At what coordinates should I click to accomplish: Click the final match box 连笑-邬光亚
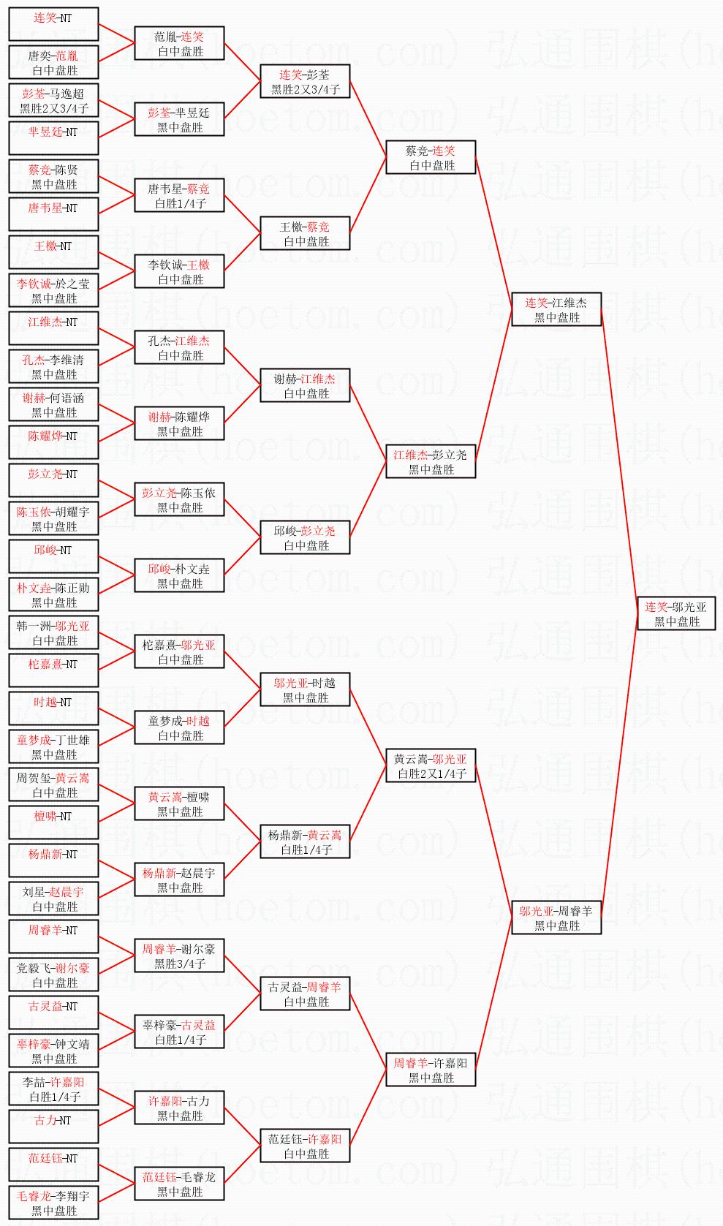pyautogui.click(x=675, y=614)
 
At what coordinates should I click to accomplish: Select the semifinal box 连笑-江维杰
pyautogui.click(x=556, y=310)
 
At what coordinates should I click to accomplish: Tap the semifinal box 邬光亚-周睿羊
pyautogui.click(x=556, y=918)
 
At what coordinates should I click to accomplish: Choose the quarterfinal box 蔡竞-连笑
pyautogui.click(x=431, y=158)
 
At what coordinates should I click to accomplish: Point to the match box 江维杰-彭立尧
pyautogui.click(x=431, y=462)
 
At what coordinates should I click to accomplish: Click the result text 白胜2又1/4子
pyautogui.click(x=431, y=774)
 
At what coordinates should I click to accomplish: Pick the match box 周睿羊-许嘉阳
pyautogui.click(x=431, y=1070)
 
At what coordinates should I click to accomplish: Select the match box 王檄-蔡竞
pyautogui.click(x=305, y=234)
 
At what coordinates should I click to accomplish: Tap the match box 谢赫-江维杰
pyautogui.click(x=305, y=386)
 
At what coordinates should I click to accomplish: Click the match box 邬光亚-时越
pyautogui.click(x=305, y=690)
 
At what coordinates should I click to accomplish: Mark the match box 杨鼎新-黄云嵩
pyautogui.click(x=305, y=842)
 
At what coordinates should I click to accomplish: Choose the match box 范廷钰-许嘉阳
pyautogui.click(x=305, y=1146)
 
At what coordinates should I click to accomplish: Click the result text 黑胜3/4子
pyautogui.click(x=180, y=964)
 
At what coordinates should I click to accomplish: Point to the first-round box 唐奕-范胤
pyautogui.click(x=53, y=63)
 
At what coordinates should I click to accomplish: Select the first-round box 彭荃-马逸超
pyautogui.click(x=53, y=101)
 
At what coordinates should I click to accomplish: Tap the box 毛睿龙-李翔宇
pyautogui.click(x=53, y=1203)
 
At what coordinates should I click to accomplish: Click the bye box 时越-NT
pyautogui.click(x=53, y=709)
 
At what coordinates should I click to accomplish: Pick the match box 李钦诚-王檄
pyautogui.click(x=179, y=272)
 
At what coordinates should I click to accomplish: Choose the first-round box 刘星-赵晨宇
pyautogui.click(x=53, y=899)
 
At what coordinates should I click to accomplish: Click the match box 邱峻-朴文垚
pyautogui.click(x=179, y=576)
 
